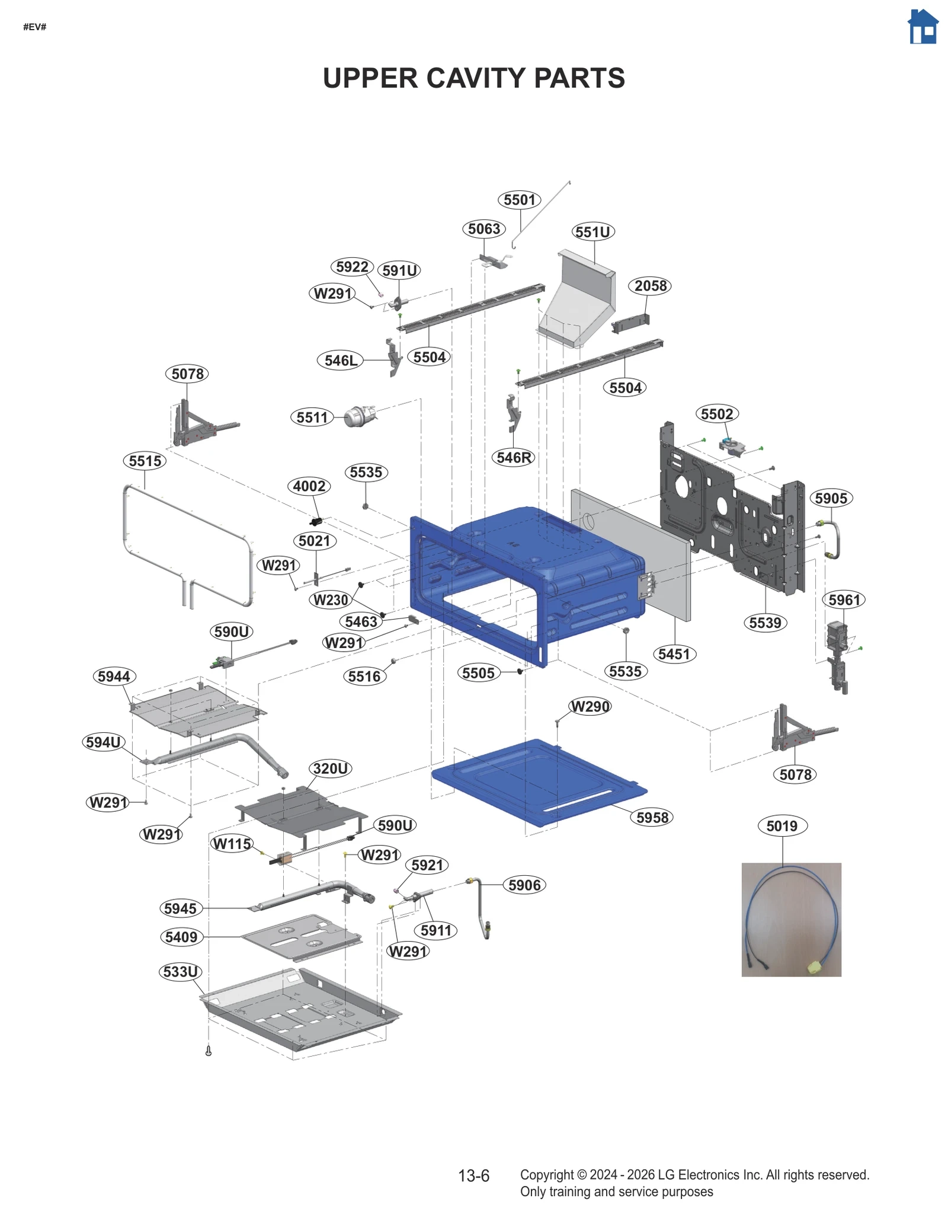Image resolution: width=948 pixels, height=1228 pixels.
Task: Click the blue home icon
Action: click(923, 27)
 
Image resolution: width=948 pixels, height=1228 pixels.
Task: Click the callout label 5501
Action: click(519, 200)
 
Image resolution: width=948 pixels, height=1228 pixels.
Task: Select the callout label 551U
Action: click(593, 232)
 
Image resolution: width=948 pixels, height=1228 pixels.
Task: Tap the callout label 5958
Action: click(652, 818)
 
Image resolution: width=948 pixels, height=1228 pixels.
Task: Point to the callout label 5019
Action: click(782, 826)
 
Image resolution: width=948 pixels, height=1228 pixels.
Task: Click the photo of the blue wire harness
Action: click(791, 919)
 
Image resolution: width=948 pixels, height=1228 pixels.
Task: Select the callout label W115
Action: click(232, 843)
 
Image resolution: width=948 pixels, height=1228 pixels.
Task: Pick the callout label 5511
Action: click(312, 417)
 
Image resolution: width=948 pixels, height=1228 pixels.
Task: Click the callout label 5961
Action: click(844, 600)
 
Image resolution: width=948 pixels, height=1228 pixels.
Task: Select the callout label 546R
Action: click(513, 458)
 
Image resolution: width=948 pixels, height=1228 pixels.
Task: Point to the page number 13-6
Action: click(473, 1176)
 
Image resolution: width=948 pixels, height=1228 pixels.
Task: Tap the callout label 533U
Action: click(181, 972)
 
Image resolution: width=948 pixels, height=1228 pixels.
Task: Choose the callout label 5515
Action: click(145, 461)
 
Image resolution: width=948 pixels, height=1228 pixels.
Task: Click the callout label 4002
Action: click(309, 486)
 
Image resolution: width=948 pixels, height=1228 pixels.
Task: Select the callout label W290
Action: click(590, 707)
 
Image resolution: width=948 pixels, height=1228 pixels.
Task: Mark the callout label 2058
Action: click(651, 286)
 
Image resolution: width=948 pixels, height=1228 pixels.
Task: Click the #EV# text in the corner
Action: click(34, 27)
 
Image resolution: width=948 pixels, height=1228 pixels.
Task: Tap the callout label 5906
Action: click(524, 885)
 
